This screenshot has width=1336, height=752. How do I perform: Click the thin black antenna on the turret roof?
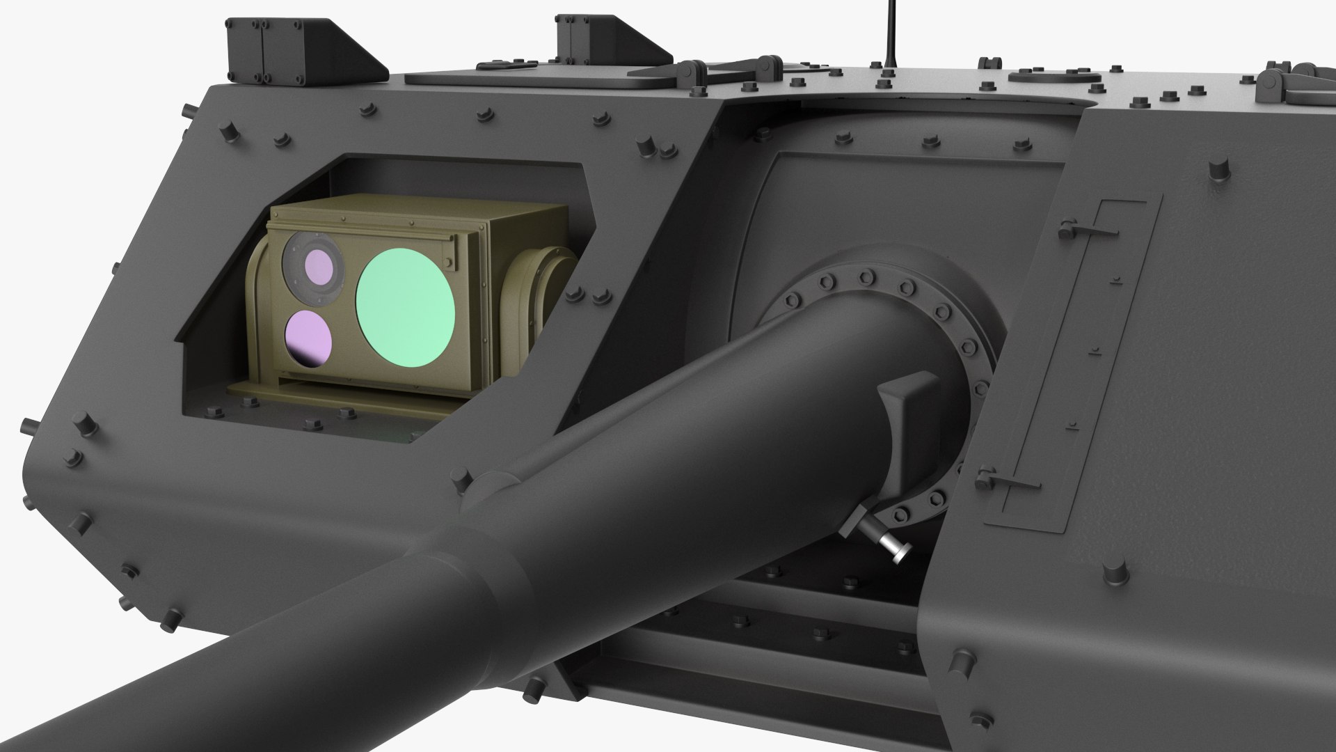click(x=890, y=31)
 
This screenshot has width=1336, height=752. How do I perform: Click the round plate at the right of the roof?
click(x=1047, y=75)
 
